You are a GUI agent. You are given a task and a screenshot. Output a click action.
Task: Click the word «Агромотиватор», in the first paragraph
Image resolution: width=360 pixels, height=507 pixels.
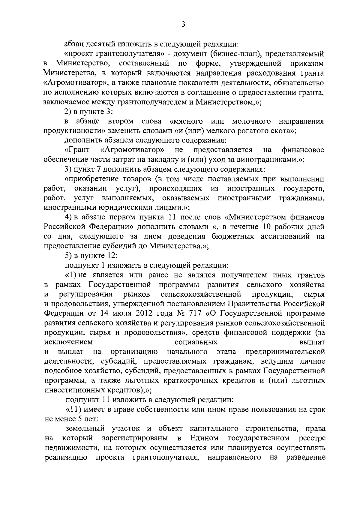[x=67, y=83]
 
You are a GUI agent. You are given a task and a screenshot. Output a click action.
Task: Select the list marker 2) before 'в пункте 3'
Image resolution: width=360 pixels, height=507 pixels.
[x=69, y=112]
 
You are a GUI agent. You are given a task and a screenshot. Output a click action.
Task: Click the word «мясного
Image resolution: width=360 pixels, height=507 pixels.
[x=186, y=121]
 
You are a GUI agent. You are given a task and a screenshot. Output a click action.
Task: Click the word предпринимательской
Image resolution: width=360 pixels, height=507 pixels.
[x=285, y=352]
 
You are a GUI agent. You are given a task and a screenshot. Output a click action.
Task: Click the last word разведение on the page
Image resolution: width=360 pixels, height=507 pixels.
[x=305, y=458]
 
